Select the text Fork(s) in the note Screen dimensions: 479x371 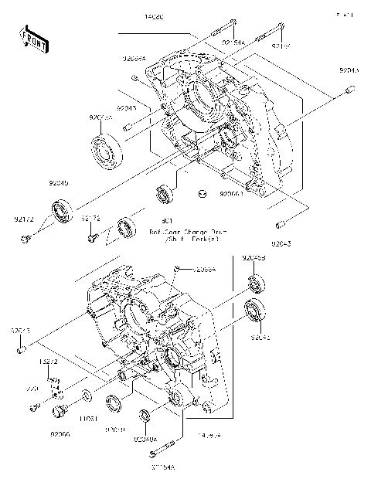tap(202, 240)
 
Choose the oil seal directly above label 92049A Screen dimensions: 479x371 tap(144, 418)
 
